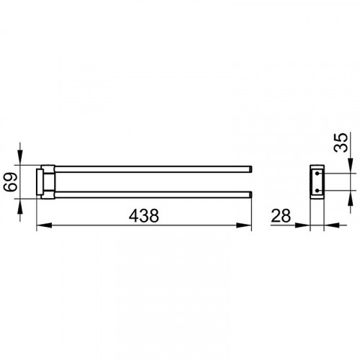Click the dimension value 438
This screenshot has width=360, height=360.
pyautogui.click(x=144, y=215)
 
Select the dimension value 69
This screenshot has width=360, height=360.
pyautogui.click(x=11, y=182)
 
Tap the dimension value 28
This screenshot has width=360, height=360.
pyautogui.click(x=281, y=215)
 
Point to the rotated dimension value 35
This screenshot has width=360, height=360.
pyautogui.click(x=341, y=143)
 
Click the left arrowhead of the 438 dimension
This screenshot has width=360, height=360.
pyautogui.click(x=44, y=225)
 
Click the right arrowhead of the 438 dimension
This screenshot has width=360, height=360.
pyautogui.click(x=244, y=225)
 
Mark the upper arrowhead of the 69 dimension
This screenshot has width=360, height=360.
pyautogui.click(x=20, y=158)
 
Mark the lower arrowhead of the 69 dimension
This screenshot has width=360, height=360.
pyautogui.click(x=20, y=207)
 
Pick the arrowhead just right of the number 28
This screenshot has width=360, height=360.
pyautogui.click(x=302, y=225)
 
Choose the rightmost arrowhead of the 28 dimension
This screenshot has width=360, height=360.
pyautogui.click(x=331, y=225)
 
